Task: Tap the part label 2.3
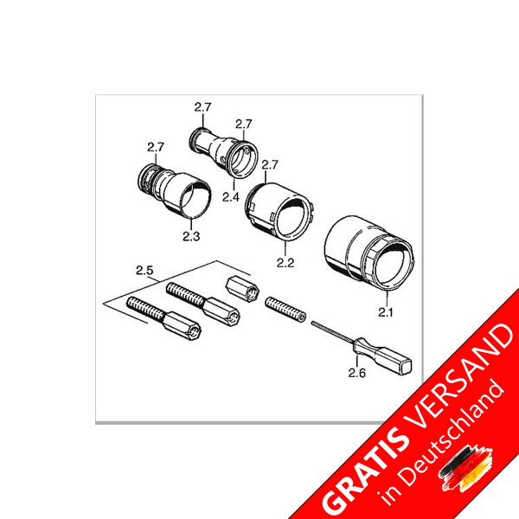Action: (x=190, y=234)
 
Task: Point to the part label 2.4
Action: (x=229, y=197)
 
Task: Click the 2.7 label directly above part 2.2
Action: (x=269, y=164)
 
